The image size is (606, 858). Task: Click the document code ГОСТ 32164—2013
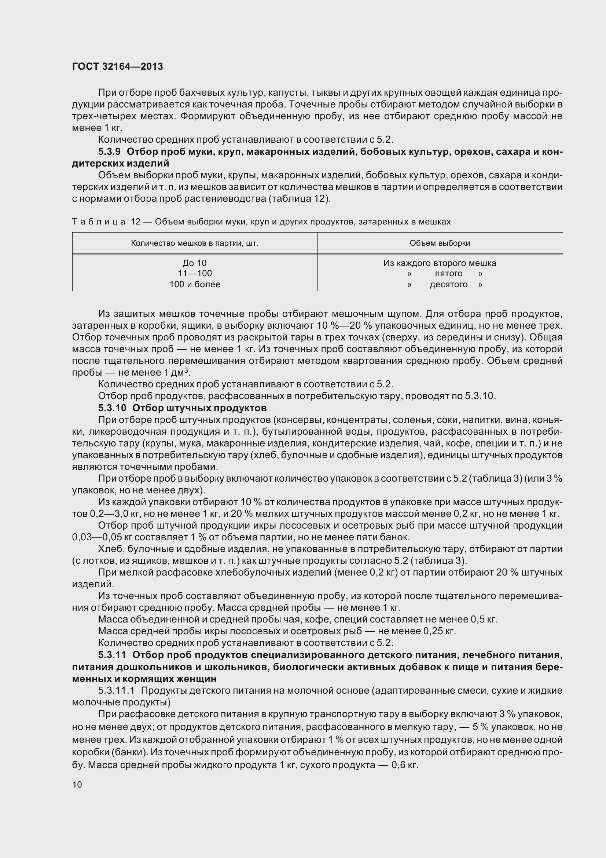pyautogui.click(x=117, y=66)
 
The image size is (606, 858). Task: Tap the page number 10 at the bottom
pyautogui.click(x=77, y=784)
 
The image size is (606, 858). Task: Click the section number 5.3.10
pyautogui.click(x=112, y=408)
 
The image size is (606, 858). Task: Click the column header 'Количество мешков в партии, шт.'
pyautogui.click(x=195, y=243)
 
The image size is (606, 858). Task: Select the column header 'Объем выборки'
pyautogui.click(x=440, y=243)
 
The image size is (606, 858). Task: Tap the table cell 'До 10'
pyautogui.click(x=195, y=263)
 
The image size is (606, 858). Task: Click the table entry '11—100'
pyautogui.click(x=195, y=274)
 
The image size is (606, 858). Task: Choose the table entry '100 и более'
pyautogui.click(x=195, y=284)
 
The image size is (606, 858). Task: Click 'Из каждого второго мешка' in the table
pyautogui.click(x=440, y=263)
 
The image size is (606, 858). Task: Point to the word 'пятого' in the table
pyautogui.click(x=448, y=274)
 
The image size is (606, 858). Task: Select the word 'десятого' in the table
pyautogui.click(x=448, y=284)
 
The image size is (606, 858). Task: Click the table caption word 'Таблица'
pyautogui.click(x=99, y=222)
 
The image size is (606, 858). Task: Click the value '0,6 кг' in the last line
pyautogui.click(x=404, y=765)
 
